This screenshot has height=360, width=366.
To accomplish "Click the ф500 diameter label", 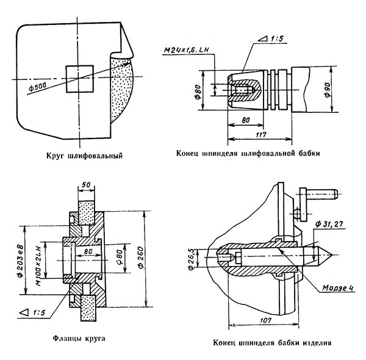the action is (x=38, y=86).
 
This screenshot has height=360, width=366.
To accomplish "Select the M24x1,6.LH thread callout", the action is (x=186, y=51).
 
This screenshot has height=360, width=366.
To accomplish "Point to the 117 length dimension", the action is (x=260, y=135).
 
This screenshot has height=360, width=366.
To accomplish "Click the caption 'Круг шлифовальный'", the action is (x=85, y=156).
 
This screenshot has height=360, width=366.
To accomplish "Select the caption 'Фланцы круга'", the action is (x=79, y=338).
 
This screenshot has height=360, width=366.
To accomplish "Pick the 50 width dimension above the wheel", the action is (x=86, y=185).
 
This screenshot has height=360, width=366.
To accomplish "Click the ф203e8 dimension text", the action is (x=20, y=261).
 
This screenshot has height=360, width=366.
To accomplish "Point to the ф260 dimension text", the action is (x=141, y=257).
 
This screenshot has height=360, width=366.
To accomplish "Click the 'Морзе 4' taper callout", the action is (x=337, y=288).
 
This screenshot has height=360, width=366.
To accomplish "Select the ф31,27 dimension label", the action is (x=329, y=225).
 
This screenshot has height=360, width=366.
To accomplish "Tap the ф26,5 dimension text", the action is (x=191, y=259).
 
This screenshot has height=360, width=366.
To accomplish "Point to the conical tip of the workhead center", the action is (x=331, y=254).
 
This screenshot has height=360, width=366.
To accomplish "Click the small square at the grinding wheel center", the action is (x=80, y=79).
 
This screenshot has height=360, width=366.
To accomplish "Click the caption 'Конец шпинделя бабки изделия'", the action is (x=272, y=343).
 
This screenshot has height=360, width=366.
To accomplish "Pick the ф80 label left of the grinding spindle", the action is (x=198, y=93).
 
